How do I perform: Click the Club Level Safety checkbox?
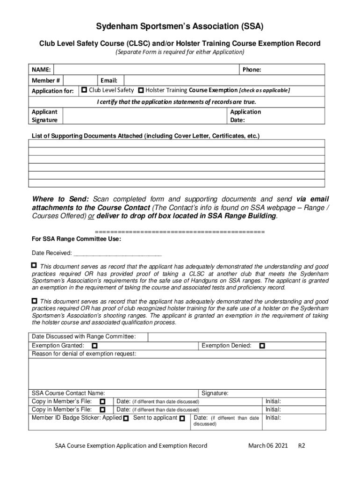[84, 90]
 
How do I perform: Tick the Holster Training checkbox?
[141, 90]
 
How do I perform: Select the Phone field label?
[252, 70]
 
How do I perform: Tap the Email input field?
[224, 80]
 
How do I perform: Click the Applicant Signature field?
[145, 116]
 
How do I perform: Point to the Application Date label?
[245, 116]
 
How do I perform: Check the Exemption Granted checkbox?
[94, 346]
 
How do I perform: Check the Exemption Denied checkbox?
[262, 346]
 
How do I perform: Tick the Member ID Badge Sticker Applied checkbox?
[126, 418]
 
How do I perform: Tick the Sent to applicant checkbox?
[182, 418]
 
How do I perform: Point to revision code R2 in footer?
[302, 445]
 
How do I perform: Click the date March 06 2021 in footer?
[268, 445]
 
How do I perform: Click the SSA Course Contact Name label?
[68, 393]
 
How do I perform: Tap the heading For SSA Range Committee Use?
[76, 239]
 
